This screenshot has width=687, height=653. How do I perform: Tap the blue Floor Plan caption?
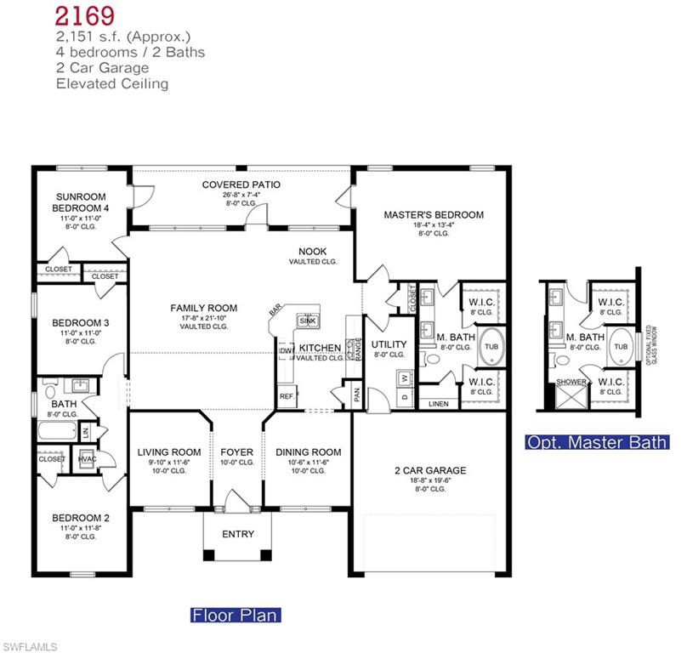(x=234, y=615)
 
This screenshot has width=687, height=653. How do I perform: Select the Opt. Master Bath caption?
(x=597, y=442)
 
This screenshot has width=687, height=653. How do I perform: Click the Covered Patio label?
(x=241, y=185)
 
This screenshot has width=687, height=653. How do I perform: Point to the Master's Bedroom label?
(x=434, y=215)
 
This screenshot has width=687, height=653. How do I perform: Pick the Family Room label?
(x=203, y=308)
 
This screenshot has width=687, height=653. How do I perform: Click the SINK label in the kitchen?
(x=306, y=321)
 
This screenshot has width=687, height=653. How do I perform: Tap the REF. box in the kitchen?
(x=286, y=397)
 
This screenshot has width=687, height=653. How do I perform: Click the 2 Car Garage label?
(x=430, y=470)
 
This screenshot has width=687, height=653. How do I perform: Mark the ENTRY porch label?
(x=238, y=534)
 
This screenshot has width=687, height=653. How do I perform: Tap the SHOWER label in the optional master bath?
(x=571, y=382)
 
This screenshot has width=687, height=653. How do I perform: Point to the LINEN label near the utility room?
(x=438, y=404)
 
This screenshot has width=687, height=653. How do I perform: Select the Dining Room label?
(x=309, y=452)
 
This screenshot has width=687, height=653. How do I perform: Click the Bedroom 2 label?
(x=81, y=517)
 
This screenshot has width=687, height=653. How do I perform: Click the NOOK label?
(x=312, y=251)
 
